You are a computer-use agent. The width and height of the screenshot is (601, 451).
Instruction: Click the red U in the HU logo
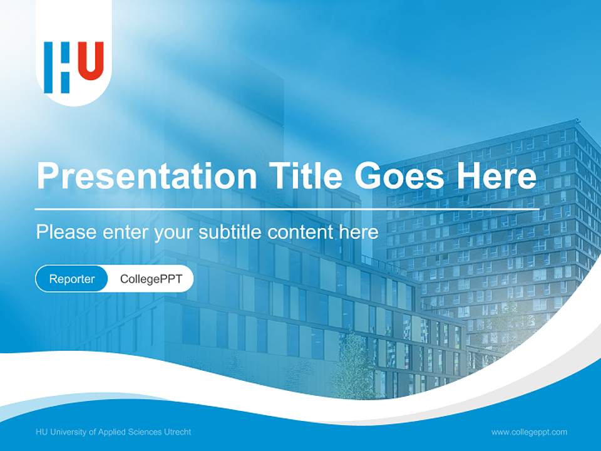click(91, 61)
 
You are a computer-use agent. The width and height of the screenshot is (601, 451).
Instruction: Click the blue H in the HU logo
click(57, 68)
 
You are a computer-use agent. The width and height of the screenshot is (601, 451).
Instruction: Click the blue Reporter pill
click(72, 279)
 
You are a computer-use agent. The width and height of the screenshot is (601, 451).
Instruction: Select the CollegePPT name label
click(151, 279)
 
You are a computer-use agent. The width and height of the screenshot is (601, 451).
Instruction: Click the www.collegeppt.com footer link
click(529, 432)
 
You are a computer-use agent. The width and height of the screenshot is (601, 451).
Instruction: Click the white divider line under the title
click(287, 208)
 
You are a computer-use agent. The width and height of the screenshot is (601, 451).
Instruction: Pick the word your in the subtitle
click(174, 232)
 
